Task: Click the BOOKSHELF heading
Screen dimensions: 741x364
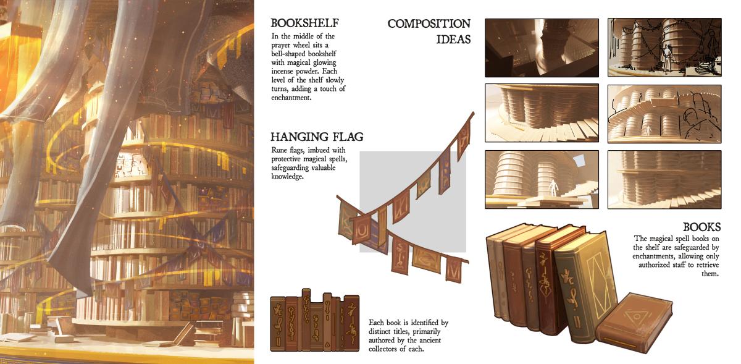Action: pos(304,23)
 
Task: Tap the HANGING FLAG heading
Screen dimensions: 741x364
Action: pos(317,137)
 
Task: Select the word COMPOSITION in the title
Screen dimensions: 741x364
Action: pos(429,23)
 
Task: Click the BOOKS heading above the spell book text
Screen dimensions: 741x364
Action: pos(701,227)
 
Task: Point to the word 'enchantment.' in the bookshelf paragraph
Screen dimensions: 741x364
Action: pos(291,98)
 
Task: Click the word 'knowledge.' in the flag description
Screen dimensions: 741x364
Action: pos(287,177)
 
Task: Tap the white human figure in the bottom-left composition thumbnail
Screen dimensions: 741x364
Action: pos(552,187)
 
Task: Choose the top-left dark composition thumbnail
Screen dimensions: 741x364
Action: pos(542,48)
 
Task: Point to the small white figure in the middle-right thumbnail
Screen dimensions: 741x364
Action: pos(648,130)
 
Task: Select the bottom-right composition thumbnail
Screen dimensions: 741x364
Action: pos(664,179)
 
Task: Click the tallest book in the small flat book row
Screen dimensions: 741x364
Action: pos(306,320)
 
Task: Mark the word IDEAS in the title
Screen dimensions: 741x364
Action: pos(453,40)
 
